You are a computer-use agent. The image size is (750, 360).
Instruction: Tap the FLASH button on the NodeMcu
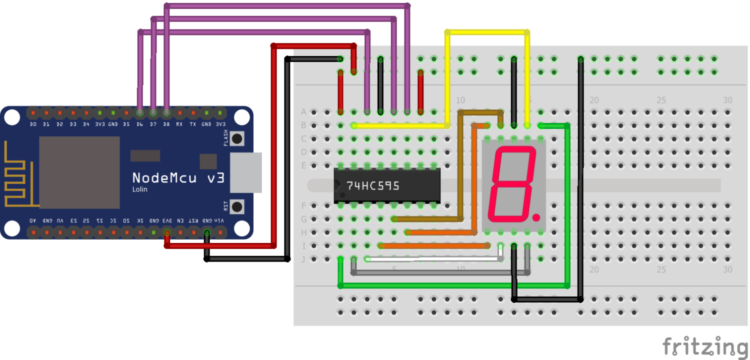point(237,138)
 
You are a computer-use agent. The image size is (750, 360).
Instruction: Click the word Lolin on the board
point(139,189)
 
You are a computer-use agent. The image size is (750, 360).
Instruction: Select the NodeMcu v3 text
point(178,177)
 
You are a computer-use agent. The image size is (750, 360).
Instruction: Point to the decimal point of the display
point(536,218)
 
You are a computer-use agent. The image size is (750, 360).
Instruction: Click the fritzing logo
point(705,346)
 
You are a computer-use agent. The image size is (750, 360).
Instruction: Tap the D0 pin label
point(33,124)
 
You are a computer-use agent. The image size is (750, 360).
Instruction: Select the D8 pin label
point(166,124)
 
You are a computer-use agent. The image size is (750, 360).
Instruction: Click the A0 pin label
point(33,220)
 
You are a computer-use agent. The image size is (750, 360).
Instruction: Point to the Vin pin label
point(220,220)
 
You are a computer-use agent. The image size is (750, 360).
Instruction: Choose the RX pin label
point(179,124)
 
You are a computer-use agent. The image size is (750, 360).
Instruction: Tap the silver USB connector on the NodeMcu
point(245,172)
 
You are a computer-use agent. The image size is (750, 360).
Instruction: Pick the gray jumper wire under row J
point(440,273)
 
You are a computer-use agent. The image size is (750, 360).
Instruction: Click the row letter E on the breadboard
point(303,165)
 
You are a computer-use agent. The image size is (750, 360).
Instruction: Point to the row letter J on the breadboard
point(303,259)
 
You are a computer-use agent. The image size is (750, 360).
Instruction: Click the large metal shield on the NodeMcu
point(79,172)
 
